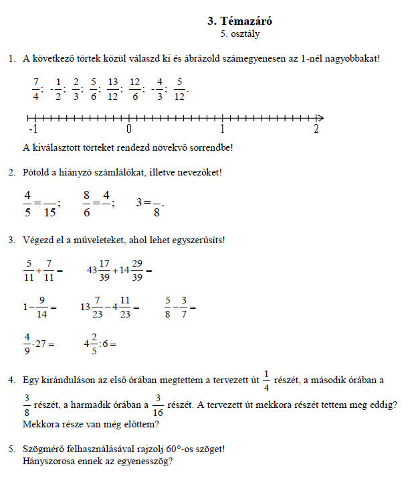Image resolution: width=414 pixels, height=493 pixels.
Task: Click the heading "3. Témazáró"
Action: click(x=240, y=21)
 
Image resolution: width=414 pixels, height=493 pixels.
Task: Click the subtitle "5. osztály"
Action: click(x=240, y=33)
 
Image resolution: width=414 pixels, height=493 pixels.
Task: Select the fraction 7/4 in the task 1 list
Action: click(x=36, y=88)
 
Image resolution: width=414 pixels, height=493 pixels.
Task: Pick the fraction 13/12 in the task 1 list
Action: click(x=112, y=88)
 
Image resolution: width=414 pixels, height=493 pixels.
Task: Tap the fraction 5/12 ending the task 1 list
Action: click(x=179, y=88)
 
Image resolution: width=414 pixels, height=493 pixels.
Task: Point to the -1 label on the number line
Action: click(x=32, y=129)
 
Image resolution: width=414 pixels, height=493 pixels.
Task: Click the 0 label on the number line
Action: click(x=128, y=129)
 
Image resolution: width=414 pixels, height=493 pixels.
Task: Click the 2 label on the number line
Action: click(x=316, y=129)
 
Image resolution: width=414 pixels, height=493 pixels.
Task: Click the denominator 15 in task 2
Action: click(x=50, y=213)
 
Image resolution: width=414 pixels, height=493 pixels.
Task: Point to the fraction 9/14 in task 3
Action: click(x=41, y=307)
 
